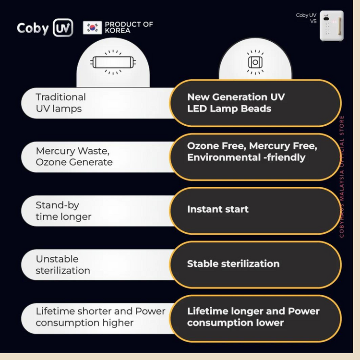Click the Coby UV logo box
63,28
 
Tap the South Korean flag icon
92,27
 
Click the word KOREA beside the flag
118,31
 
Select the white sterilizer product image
332,26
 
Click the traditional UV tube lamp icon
113,62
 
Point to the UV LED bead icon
255,62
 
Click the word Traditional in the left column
61,97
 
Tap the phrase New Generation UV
236,97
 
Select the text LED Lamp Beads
229,108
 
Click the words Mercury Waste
72,151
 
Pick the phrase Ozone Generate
74,162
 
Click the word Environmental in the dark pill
224,157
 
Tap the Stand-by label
58,205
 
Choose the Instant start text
217,209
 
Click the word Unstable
57,259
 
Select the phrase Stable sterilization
233,264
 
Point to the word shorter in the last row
95,312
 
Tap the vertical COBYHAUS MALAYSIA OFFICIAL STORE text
342,177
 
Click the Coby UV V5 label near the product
306,18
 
